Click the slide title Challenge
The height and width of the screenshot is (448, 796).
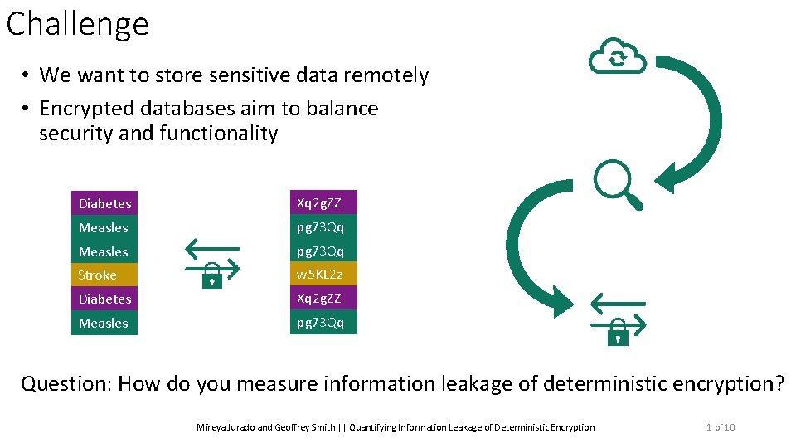(x=77, y=24)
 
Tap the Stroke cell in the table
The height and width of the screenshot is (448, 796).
(x=104, y=275)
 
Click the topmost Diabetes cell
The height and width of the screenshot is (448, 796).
(x=104, y=203)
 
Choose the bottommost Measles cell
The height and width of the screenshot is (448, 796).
(x=104, y=323)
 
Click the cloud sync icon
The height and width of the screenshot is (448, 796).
(x=617, y=56)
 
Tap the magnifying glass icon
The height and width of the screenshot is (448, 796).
(x=618, y=184)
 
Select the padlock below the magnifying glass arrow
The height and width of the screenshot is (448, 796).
(x=618, y=334)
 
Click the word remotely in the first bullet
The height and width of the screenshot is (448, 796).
(x=391, y=75)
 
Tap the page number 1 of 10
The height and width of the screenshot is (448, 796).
(x=720, y=427)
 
